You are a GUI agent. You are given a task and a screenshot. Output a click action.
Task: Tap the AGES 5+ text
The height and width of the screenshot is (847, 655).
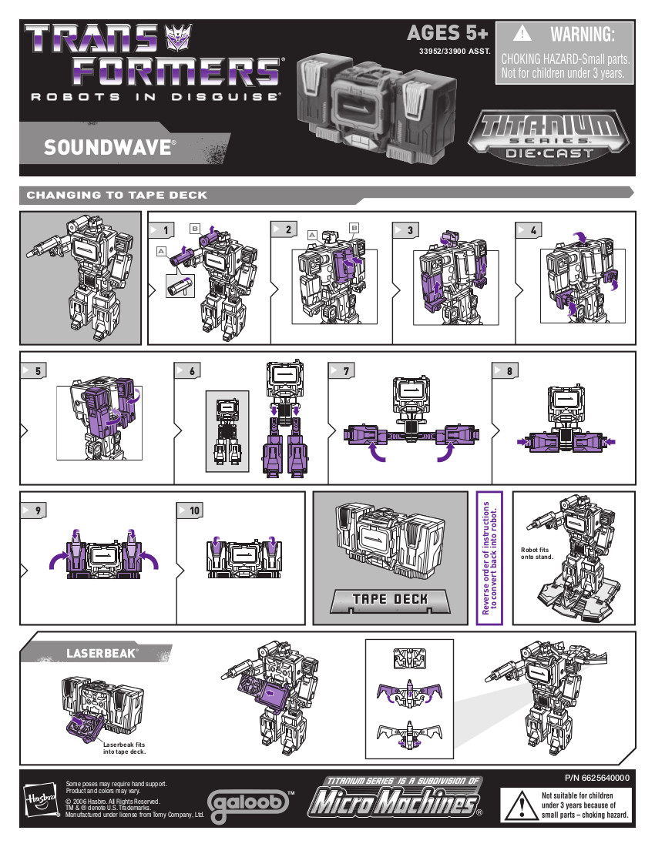click(x=447, y=33)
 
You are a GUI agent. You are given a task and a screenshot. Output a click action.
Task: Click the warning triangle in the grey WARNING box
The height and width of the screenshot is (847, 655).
click(x=522, y=33)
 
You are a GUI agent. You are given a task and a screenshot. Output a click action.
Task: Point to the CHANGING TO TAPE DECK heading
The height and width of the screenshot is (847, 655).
click(x=116, y=195)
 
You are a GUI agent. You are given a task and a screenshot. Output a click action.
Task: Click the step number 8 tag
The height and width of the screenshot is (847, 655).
click(x=506, y=370)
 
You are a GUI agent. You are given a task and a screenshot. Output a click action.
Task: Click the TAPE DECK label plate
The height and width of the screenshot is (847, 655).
click(x=390, y=600)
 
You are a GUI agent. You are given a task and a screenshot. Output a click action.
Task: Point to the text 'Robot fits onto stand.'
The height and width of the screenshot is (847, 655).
click(x=537, y=553)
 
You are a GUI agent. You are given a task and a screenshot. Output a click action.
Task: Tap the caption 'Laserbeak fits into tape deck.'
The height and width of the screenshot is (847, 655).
click(x=124, y=748)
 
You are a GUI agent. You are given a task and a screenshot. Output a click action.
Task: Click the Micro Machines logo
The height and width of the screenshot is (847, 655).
click(x=395, y=798)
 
